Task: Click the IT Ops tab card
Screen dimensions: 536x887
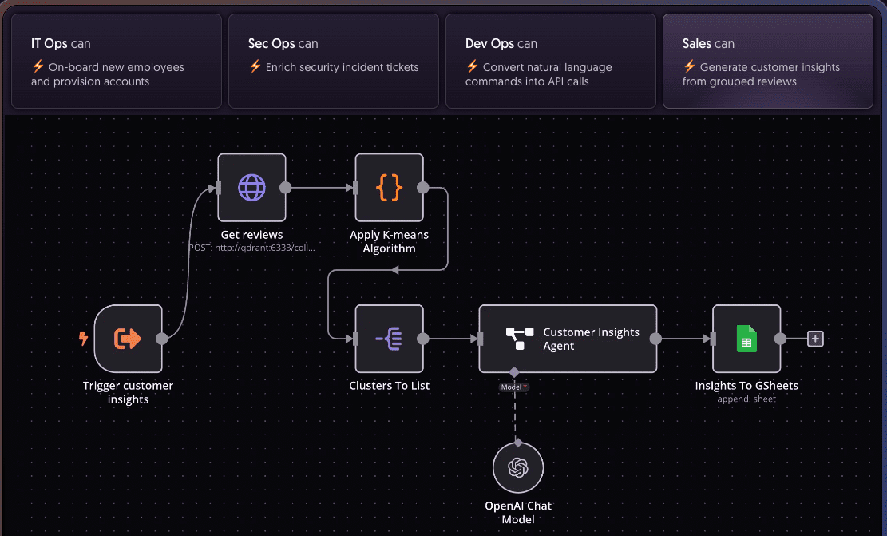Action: click(116, 61)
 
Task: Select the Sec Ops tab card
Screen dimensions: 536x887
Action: click(333, 61)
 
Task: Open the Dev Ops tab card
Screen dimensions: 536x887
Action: click(550, 61)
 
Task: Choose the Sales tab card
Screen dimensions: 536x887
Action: click(767, 61)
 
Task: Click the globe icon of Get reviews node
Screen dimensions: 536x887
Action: click(251, 188)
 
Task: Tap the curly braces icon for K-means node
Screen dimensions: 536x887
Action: click(389, 188)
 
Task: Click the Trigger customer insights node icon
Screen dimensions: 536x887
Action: click(128, 339)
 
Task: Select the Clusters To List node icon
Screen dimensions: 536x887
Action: click(389, 339)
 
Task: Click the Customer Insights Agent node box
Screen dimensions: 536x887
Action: click(568, 339)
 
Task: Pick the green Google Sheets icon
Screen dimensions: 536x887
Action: click(746, 339)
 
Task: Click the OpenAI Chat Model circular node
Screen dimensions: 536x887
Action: click(518, 467)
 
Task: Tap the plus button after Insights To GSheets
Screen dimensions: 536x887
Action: click(815, 339)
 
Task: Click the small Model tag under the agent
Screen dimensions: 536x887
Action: click(514, 387)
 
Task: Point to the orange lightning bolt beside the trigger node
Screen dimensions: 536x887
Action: click(83, 339)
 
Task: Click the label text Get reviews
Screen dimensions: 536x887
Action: click(251, 235)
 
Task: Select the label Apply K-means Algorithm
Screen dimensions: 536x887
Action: click(389, 241)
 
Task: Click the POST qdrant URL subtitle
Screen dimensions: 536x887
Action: click(251, 248)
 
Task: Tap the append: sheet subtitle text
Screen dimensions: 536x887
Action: click(746, 399)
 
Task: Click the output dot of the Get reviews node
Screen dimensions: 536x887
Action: click(286, 188)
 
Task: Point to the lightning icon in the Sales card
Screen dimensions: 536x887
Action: click(689, 67)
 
